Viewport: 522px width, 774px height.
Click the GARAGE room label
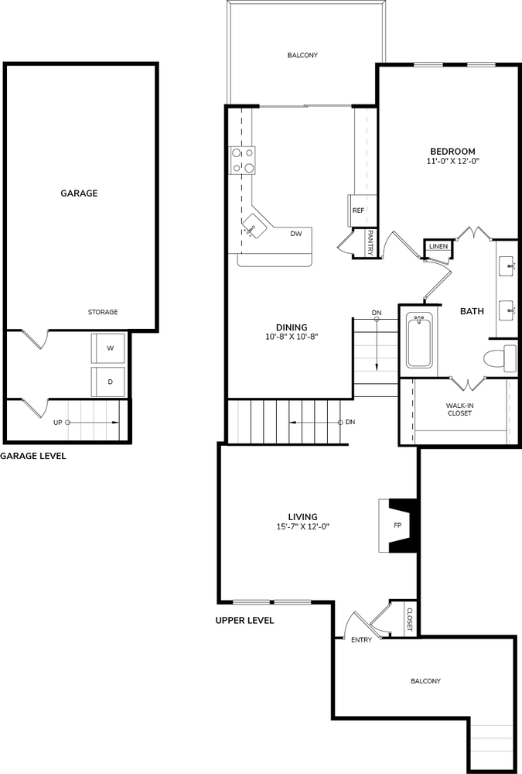click(79, 193)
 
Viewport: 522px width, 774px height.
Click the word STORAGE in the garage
click(103, 312)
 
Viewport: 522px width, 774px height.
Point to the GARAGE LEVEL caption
click(33, 456)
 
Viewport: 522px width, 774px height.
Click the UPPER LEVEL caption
click(244, 621)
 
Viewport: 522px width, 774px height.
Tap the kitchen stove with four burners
click(242, 160)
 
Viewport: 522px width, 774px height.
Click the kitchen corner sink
click(254, 226)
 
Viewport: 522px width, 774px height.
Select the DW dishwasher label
click(296, 234)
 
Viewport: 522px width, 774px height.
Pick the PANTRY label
click(370, 243)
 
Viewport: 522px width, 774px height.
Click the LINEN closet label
click(438, 246)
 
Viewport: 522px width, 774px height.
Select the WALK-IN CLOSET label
click(459, 409)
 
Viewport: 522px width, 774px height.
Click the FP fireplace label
click(397, 526)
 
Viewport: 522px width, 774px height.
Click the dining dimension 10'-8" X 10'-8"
click(292, 337)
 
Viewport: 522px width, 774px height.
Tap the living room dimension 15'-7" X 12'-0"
click(302, 526)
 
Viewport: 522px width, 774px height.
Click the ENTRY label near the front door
click(362, 640)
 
